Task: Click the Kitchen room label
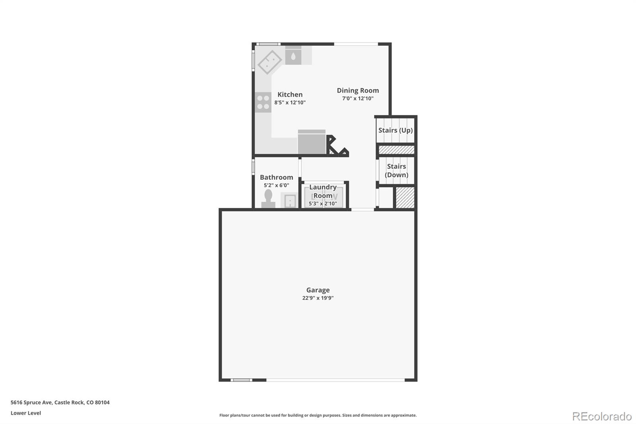pos(290,95)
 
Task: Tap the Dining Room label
pos(358,91)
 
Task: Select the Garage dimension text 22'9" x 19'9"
pos(318,298)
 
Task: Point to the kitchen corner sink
pos(270,62)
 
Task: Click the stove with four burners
pos(263,102)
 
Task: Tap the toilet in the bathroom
pos(268,198)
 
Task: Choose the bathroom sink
pos(289,200)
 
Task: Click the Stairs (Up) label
pos(396,130)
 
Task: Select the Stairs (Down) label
pos(396,171)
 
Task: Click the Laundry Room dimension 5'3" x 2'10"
pos(323,204)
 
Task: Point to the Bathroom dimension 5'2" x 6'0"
pos(276,185)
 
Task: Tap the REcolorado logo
pos(602,416)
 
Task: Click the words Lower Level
pos(26,413)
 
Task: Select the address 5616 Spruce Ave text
pos(31,403)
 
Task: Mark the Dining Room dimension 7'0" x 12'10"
pos(358,98)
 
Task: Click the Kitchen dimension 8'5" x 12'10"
pos(290,102)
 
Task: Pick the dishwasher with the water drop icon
pos(293,56)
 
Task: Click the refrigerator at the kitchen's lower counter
pos(312,142)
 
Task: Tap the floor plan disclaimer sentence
pos(318,415)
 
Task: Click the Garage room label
pos(318,290)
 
